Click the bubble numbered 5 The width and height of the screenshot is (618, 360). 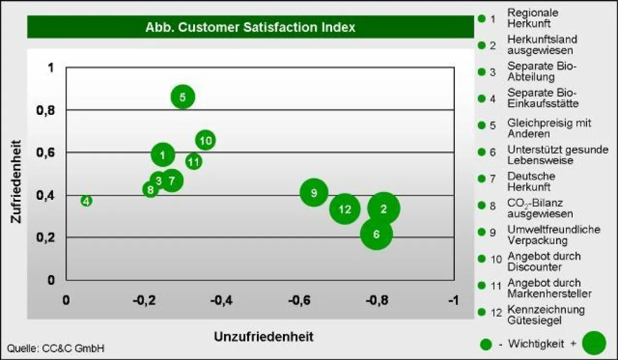click(183, 97)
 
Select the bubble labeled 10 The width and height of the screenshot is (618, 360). click(205, 140)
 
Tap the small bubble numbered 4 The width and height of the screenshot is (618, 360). click(87, 201)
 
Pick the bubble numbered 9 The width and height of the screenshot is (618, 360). click(314, 193)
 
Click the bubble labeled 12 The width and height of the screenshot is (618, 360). click(345, 209)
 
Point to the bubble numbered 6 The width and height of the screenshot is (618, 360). click(376, 234)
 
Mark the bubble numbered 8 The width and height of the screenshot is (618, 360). click(150, 190)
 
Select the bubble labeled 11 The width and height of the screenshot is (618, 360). click(194, 162)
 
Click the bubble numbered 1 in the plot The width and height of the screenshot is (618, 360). click(163, 155)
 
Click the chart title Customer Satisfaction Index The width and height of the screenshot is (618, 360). click(250, 27)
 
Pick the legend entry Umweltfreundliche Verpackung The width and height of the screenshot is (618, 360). click(553, 235)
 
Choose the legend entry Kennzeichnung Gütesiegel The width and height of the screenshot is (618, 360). click(545, 315)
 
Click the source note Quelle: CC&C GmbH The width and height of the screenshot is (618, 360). click(56, 348)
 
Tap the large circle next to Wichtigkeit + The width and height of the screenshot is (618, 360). click(594, 343)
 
